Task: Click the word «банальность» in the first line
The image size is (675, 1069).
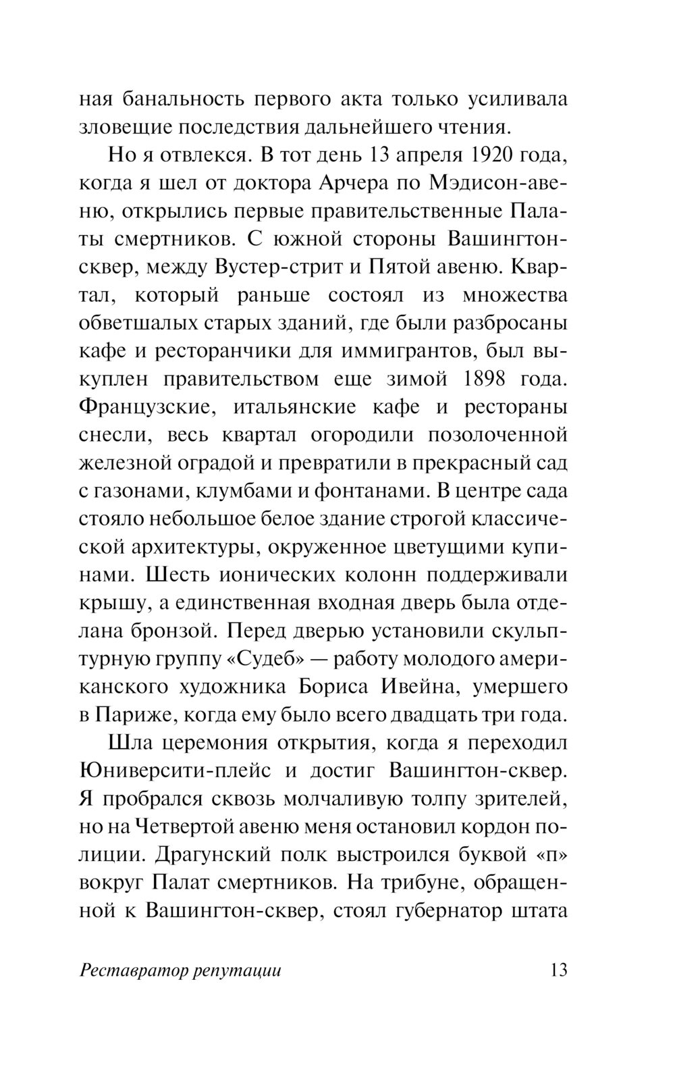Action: point(182,99)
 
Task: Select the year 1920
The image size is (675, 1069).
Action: point(488,155)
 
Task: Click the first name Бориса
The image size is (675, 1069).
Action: point(333,687)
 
